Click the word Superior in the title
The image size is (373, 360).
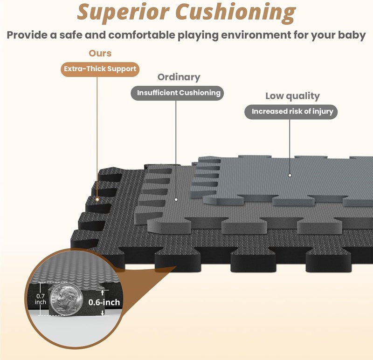click(123, 12)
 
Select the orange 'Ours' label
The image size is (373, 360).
click(100, 53)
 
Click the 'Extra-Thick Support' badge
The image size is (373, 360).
click(100, 69)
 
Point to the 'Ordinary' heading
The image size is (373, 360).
click(179, 77)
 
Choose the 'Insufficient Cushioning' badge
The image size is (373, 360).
click(178, 93)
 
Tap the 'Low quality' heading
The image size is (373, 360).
click(292, 96)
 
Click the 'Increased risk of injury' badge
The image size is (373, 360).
click(291, 112)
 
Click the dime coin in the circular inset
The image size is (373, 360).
click(66, 299)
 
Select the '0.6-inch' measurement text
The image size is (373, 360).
click(104, 302)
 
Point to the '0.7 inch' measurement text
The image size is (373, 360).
click(41, 299)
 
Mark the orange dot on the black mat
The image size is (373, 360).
click(97, 199)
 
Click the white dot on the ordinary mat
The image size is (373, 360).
click(176, 199)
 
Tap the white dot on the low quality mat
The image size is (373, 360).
click(290, 175)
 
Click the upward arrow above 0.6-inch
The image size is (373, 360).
click(102, 292)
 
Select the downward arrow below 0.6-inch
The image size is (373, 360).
click(102, 313)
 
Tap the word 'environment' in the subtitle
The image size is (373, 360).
click(256, 35)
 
